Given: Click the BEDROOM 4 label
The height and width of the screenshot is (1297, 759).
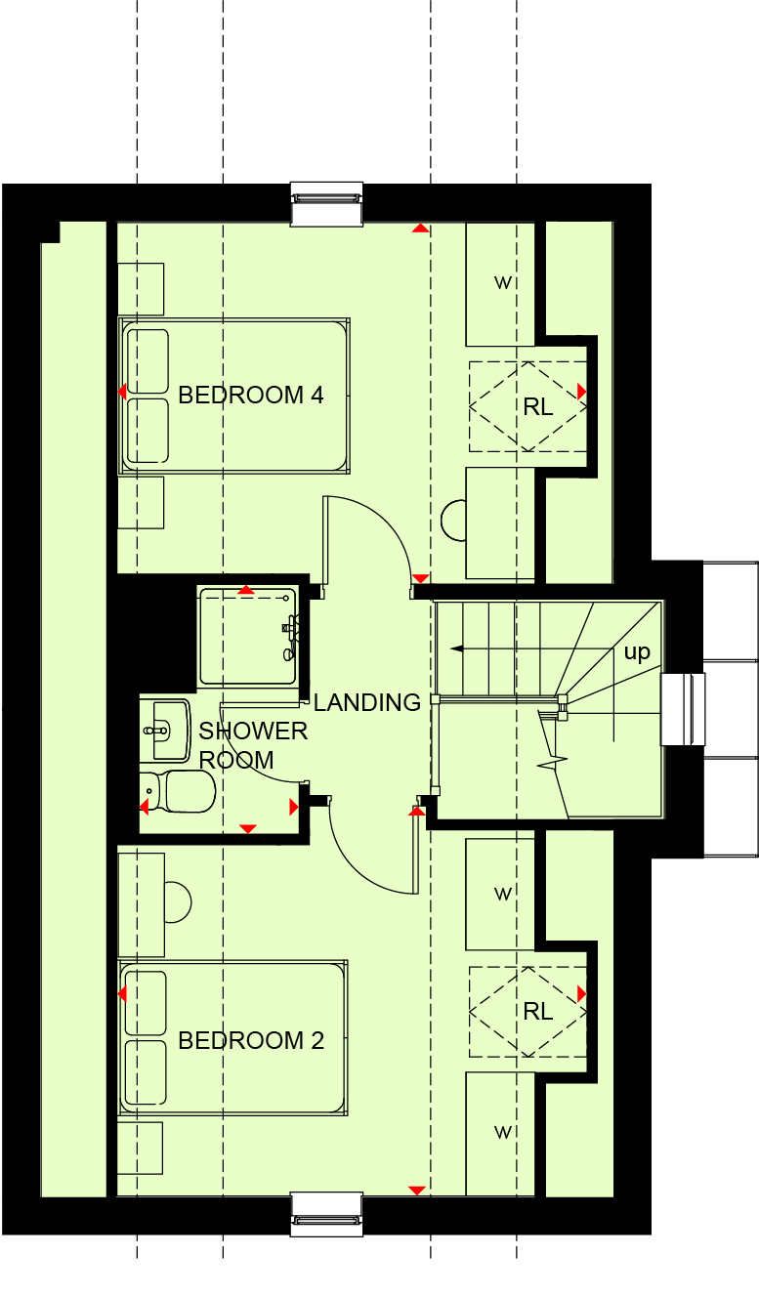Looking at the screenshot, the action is pos(250,396).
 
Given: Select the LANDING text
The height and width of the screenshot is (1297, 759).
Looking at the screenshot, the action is pos(367,702).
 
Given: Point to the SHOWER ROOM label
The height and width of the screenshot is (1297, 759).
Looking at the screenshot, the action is pos(253,746).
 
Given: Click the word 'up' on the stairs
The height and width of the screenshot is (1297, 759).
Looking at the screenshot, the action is pos(637,652).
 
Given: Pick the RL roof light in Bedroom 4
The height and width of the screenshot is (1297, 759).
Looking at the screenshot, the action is pos(527,406).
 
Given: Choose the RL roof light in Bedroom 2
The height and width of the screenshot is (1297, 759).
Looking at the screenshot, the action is pos(527,1012).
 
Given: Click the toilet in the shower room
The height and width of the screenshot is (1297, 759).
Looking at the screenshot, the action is pos(178,791).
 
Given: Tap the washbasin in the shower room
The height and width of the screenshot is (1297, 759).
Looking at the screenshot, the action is pos(166,731).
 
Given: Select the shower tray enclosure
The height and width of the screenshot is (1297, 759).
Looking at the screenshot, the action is pos(248,637).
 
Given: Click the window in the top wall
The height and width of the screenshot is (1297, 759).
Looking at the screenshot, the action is pos(326,204).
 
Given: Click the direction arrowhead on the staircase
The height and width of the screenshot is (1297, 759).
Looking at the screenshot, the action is pos(457,648).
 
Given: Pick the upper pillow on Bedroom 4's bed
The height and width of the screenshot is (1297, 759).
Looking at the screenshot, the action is pos(148,361).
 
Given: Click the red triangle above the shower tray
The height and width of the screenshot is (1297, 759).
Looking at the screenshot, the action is pos(246,590).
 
